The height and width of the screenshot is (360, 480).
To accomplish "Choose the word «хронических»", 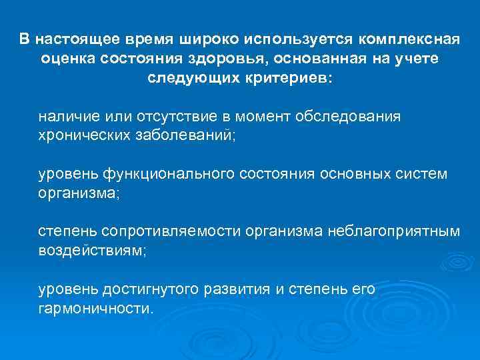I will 81,135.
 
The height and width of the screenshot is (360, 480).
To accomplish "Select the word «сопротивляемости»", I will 171,231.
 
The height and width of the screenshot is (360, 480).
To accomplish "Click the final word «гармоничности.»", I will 95,309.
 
